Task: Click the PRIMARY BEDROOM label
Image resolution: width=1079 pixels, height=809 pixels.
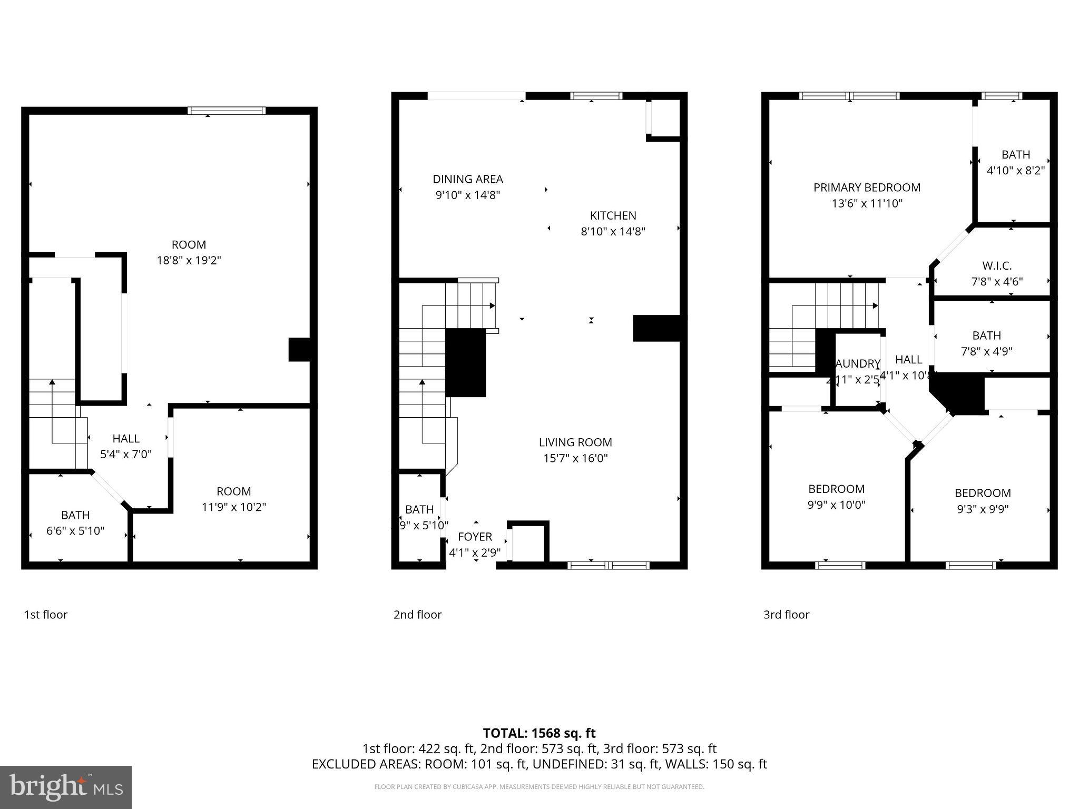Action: click(x=867, y=188)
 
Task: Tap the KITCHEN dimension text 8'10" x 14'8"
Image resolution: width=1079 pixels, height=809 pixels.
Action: click(x=613, y=231)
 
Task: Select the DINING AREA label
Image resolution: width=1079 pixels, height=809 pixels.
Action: click(x=468, y=179)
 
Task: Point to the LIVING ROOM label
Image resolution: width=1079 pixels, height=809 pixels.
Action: click(x=575, y=442)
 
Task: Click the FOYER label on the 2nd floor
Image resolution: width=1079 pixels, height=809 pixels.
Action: click(x=475, y=537)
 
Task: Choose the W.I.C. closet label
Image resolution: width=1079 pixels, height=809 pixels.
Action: click(x=997, y=266)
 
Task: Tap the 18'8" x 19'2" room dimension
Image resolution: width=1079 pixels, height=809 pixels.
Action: click(x=189, y=260)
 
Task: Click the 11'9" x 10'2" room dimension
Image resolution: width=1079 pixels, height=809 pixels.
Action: click(x=233, y=507)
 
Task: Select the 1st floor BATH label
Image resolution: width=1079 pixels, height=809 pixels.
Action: click(x=75, y=515)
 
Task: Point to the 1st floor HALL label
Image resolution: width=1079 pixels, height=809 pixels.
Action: click(x=126, y=439)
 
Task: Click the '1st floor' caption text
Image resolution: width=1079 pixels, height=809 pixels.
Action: click(x=46, y=615)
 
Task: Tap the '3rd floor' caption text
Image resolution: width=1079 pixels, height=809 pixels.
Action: click(x=786, y=615)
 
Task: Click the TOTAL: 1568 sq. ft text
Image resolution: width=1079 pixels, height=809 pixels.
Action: click(x=539, y=733)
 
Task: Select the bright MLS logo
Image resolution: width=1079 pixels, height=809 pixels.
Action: click(x=66, y=787)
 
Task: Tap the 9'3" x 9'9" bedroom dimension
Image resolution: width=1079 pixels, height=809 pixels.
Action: click(x=983, y=509)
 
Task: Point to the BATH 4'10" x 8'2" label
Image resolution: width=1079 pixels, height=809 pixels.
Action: click(x=1015, y=155)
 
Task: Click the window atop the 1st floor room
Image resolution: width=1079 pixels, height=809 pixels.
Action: click(x=227, y=111)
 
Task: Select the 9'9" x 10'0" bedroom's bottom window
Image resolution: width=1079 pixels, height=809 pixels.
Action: click(x=840, y=566)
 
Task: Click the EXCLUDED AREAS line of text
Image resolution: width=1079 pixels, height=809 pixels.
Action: click(x=539, y=764)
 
